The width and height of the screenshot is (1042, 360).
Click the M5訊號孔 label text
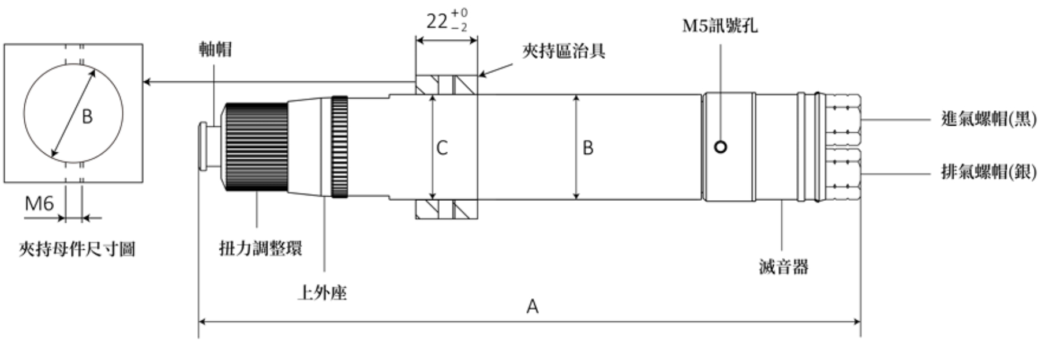pyautogui.click(x=719, y=26)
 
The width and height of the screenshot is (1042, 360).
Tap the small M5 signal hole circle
pyautogui.click(x=721, y=147)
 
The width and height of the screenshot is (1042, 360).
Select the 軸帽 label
pyautogui.click(x=215, y=50)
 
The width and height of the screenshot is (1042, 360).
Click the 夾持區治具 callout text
pyautogui.click(x=563, y=51)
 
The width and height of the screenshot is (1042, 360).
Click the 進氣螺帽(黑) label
pyautogui.click(x=988, y=119)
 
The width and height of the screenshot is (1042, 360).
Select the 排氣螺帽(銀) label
pyautogui.click(x=988, y=171)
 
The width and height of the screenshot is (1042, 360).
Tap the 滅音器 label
pyautogui.click(x=783, y=267)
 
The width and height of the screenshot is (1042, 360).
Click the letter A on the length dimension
pyautogui.click(x=532, y=306)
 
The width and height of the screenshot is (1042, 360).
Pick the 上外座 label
pyautogui.click(x=322, y=292)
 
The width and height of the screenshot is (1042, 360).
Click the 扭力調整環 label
pyautogui.click(x=260, y=249)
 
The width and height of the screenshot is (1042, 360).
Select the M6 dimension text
pyautogui.click(x=39, y=203)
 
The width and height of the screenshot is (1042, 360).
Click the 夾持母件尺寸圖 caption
pyautogui.click(x=77, y=249)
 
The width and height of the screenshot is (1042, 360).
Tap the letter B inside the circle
pyautogui.click(x=87, y=117)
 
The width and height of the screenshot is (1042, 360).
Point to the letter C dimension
pyautogui.click(x=442, y=148)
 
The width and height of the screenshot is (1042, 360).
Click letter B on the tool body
pyautogui.click(x=587, y=148)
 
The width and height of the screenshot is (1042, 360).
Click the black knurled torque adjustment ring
pyautogui.click(x=256, y=147)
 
